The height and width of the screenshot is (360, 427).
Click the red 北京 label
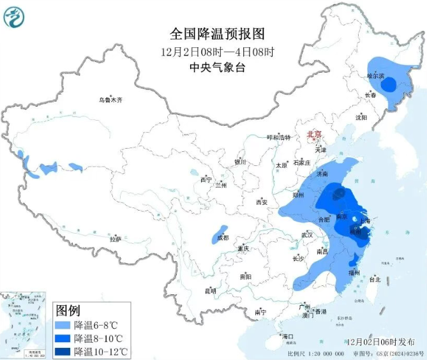[x=315, y=135]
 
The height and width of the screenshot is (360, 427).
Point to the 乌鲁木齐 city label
[x=110, y=100]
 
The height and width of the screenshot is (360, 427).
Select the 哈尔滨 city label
[x=375, y=76]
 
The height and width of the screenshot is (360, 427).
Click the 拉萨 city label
[x=115, y=239]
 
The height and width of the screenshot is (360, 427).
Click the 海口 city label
[x=288, y=336]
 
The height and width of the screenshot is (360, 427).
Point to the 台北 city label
[x=375, y=279]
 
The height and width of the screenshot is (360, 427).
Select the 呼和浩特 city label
[x=278, y=138]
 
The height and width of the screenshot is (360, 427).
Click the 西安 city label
[x=261, y=202]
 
